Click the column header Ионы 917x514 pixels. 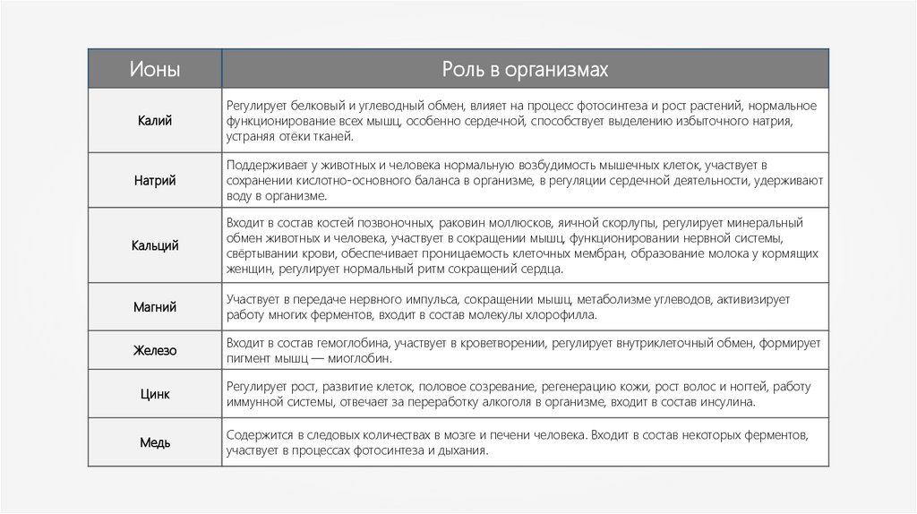coord(155,69)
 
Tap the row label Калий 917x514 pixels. coord(155,120)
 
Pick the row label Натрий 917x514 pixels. coord(155,180)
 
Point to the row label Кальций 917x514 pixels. coord(155,244)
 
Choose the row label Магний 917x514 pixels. coord(155,307)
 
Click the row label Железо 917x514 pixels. coord(155,351)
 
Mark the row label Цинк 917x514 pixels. coord(155,394)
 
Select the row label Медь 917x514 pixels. coord(155,442)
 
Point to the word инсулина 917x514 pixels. coord(727,402)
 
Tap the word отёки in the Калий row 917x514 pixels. coord(296,137)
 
